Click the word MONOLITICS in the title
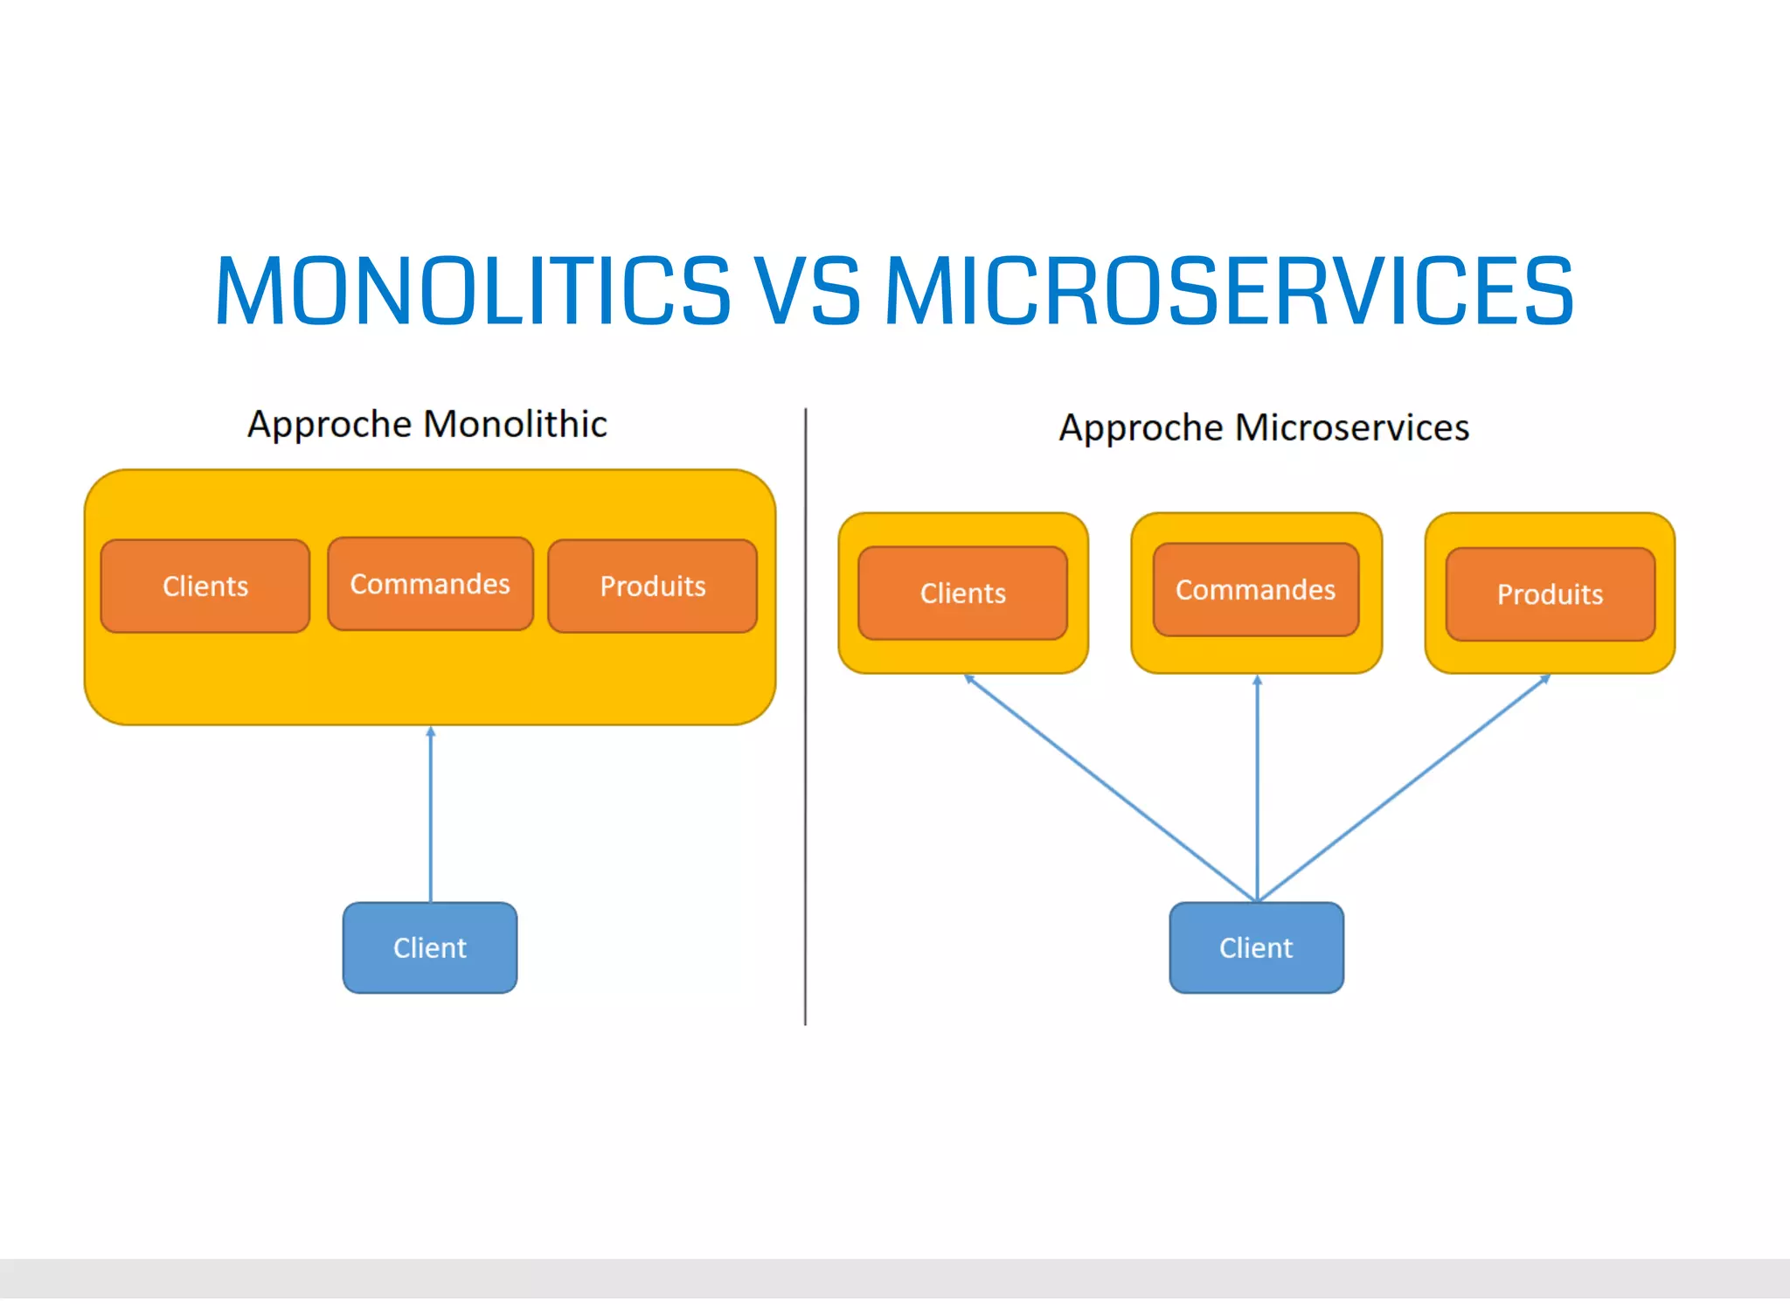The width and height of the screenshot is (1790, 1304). tap(472, 291)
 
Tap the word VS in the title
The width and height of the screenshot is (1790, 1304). tap(808, 291)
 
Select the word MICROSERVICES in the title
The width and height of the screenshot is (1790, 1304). tap(1229, 291)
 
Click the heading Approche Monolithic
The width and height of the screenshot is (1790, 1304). tap(427, 424)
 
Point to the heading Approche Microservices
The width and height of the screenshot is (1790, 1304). tap(1264, 427)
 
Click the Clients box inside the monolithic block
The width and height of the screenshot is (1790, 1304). tap(205, 586)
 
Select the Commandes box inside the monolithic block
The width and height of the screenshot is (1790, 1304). tap(430, 584)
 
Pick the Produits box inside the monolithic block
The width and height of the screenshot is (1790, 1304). tap(653, 586)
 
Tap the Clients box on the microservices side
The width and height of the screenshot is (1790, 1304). tap(962, 593)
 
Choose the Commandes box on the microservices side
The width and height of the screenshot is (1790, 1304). tap(1256, 590)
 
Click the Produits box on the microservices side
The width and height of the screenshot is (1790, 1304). tap(1551, 594)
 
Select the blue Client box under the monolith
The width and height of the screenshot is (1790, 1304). tap(430, 947)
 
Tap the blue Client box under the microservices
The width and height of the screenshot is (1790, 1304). tap(1256, 947)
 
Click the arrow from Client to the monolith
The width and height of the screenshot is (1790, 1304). tap(430, 813)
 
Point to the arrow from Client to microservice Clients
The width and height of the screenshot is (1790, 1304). tap(1110, 787)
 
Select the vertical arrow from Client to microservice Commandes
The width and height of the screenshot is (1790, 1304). tap(1257, 787)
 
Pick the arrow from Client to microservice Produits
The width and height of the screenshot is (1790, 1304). tap(1403, 787)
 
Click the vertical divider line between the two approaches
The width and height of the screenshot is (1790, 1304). tap(805, 717)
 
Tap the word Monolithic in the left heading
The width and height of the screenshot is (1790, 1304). tap(515, 424)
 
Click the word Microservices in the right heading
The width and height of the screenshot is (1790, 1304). tap(1351, 427)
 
